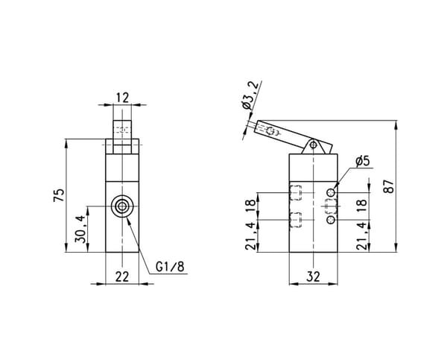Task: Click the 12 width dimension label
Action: [x=122, y=98]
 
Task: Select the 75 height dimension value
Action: [x=59, y=195]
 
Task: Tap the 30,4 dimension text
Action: [x=80, y=229]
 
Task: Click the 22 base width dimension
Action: [x=122, y=277]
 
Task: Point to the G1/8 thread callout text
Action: [x=170, y=267]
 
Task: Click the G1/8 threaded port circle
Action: [x=122, y=206]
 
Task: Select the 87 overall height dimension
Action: [x=389, y=186]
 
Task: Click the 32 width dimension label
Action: [x=314, y=277]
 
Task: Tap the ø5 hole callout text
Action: [x=363, y=161]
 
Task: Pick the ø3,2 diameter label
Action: [x=250, y=95]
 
